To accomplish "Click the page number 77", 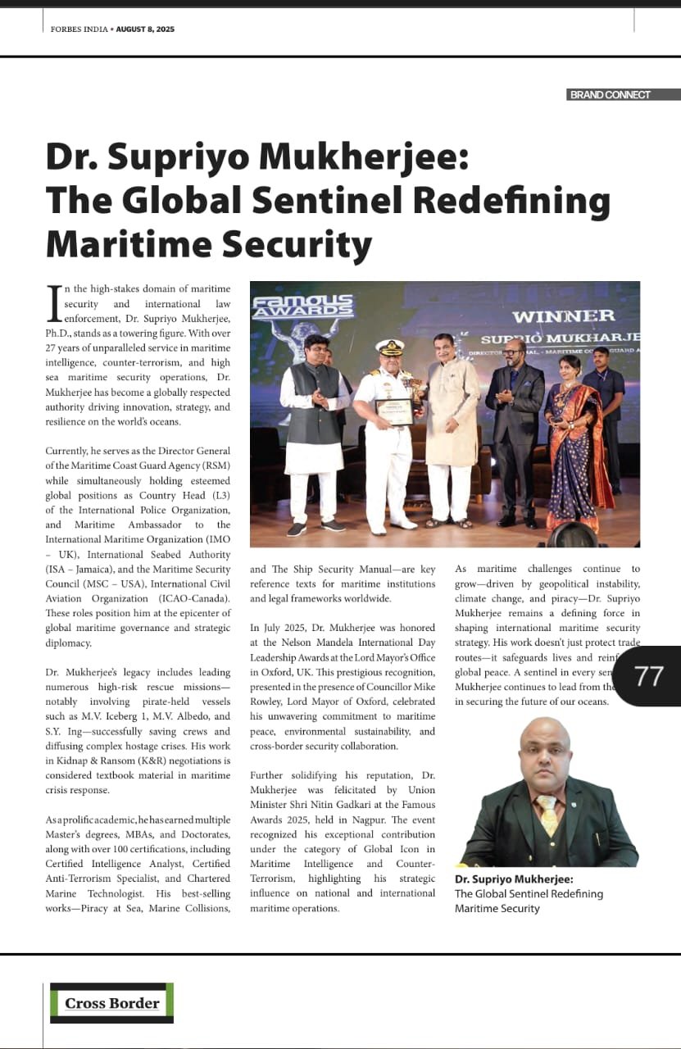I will (x=649, y=675).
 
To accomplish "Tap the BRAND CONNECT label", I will (x=610, y=95).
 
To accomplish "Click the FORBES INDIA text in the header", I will (x=76, y=30).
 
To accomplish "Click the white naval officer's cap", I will (x=390, y=347).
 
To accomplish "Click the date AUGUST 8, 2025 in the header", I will (x=145, y=30).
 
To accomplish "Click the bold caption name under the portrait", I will (x=514, y=879).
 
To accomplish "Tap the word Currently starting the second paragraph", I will (x=70, y=452).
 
